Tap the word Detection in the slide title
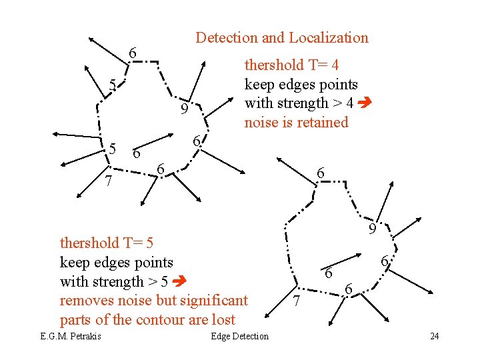(x=227, y=38)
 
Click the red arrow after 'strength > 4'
(x=365, y=103)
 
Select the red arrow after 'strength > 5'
(x=180, y=282)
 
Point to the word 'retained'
(x=324, y=123)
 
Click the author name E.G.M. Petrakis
(x=71, y=336)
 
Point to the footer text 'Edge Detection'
(x=239, y=336)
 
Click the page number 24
(x=434, y=336)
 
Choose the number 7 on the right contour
(x=298, y=302)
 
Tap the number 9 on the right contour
(x=373, y=230)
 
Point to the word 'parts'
(x=76, y=319)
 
